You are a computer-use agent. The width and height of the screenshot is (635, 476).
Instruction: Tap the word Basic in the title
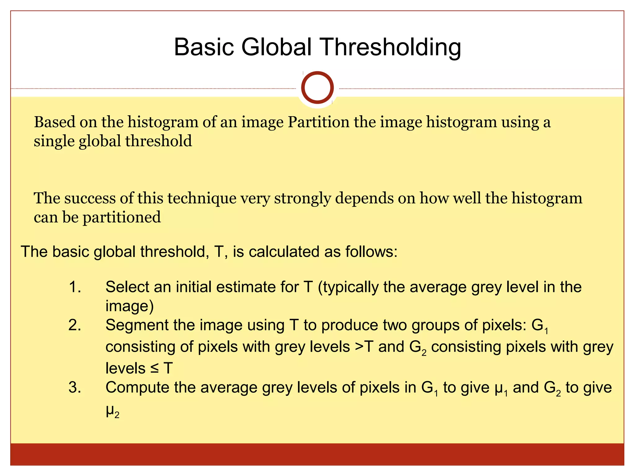[204, 47]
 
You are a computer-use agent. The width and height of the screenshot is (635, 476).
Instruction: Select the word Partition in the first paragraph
[318, 122]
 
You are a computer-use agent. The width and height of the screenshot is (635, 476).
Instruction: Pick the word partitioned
[122, 217]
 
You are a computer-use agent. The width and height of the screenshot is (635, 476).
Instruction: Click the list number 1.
[75, 287]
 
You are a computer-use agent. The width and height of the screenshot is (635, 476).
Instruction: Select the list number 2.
[75, 325]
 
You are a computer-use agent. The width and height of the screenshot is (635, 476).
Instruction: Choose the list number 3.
[75, 388]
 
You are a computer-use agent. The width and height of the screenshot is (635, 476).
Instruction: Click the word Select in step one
[127, 287]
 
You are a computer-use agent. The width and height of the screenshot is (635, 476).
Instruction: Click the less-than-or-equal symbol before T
[154, 368]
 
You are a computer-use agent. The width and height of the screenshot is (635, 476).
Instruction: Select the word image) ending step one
[130, 306]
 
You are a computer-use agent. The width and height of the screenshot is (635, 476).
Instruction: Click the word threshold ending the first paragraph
[158, 141]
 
